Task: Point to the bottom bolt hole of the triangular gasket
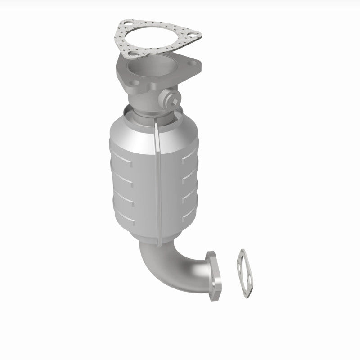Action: click(133, 55)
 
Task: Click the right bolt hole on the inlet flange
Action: click(194, 65)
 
